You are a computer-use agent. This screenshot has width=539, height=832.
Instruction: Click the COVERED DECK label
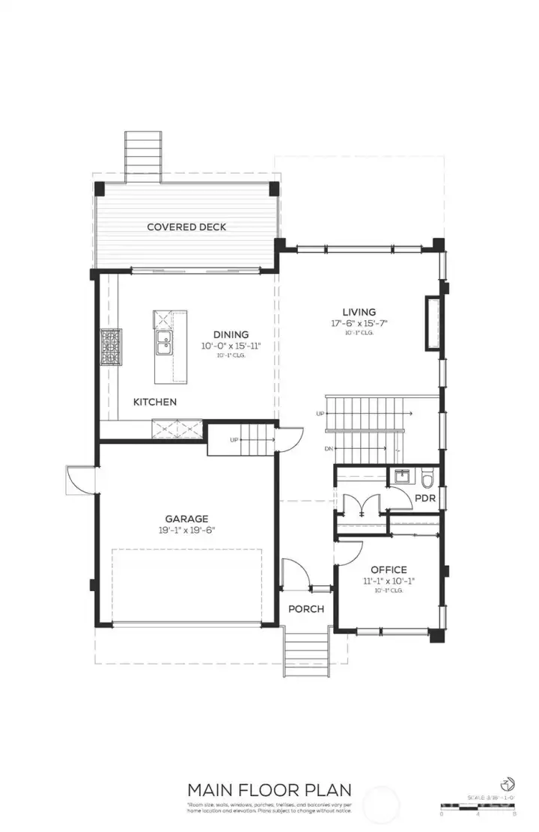[186, 227]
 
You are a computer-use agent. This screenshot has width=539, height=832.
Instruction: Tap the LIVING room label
[359, 312]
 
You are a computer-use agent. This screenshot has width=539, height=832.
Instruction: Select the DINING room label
[231, 334]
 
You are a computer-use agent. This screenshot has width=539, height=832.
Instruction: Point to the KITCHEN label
[155, 402]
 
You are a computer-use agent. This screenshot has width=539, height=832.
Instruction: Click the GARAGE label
[186, 519]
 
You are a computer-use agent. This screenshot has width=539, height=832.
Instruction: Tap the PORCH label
[306, 609]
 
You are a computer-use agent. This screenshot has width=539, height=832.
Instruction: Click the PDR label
[424, 497]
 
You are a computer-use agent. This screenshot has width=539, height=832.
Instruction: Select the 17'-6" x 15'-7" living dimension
[359, 323]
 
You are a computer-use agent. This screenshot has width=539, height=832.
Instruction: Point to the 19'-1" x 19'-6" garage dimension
[186, 530]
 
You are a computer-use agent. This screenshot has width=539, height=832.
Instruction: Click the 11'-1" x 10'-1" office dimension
[389, 581]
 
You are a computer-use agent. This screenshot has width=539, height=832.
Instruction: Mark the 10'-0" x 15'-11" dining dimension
[231, 346]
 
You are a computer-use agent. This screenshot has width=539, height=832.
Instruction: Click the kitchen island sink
[164, 345]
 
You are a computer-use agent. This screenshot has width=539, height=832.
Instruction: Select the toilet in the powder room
[427, 476]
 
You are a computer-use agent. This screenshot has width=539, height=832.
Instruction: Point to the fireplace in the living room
[433, 323]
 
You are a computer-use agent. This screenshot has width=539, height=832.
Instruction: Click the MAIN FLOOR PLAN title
[269, 789]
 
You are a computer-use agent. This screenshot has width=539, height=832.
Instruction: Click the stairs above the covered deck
[143, 155]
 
